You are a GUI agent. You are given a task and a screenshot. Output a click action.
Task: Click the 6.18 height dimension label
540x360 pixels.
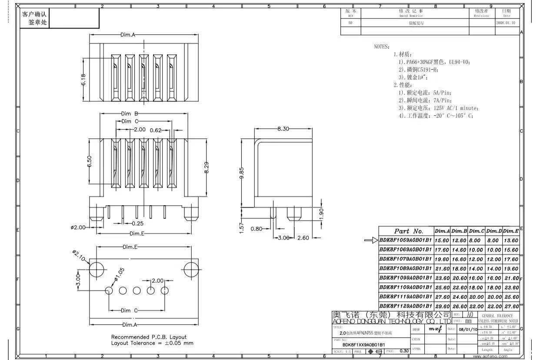point(83,80)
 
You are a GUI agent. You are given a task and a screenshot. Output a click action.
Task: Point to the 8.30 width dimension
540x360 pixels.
point(283,129)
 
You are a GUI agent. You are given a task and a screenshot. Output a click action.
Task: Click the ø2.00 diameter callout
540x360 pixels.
point(78,227)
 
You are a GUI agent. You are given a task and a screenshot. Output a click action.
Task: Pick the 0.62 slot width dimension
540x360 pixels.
point(156,130)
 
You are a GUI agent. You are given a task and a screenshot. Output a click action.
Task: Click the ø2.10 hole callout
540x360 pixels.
point(80,257)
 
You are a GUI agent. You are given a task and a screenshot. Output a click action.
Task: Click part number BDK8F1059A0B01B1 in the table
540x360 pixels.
point(406,240)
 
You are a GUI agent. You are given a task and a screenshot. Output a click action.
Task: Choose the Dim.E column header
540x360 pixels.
point(511,231)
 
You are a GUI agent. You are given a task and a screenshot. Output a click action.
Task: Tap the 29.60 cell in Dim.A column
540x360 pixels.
point(442,307)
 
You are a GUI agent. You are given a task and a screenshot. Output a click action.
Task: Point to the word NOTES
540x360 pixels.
point(382,47)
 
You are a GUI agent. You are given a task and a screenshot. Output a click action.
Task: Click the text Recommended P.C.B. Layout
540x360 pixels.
point(149,337)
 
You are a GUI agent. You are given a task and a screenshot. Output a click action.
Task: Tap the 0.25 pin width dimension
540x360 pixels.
point(138,223)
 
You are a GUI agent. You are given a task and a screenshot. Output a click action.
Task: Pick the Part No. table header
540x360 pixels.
point(408,231)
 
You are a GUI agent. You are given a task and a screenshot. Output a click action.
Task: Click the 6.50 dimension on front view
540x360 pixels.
point(89,161)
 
